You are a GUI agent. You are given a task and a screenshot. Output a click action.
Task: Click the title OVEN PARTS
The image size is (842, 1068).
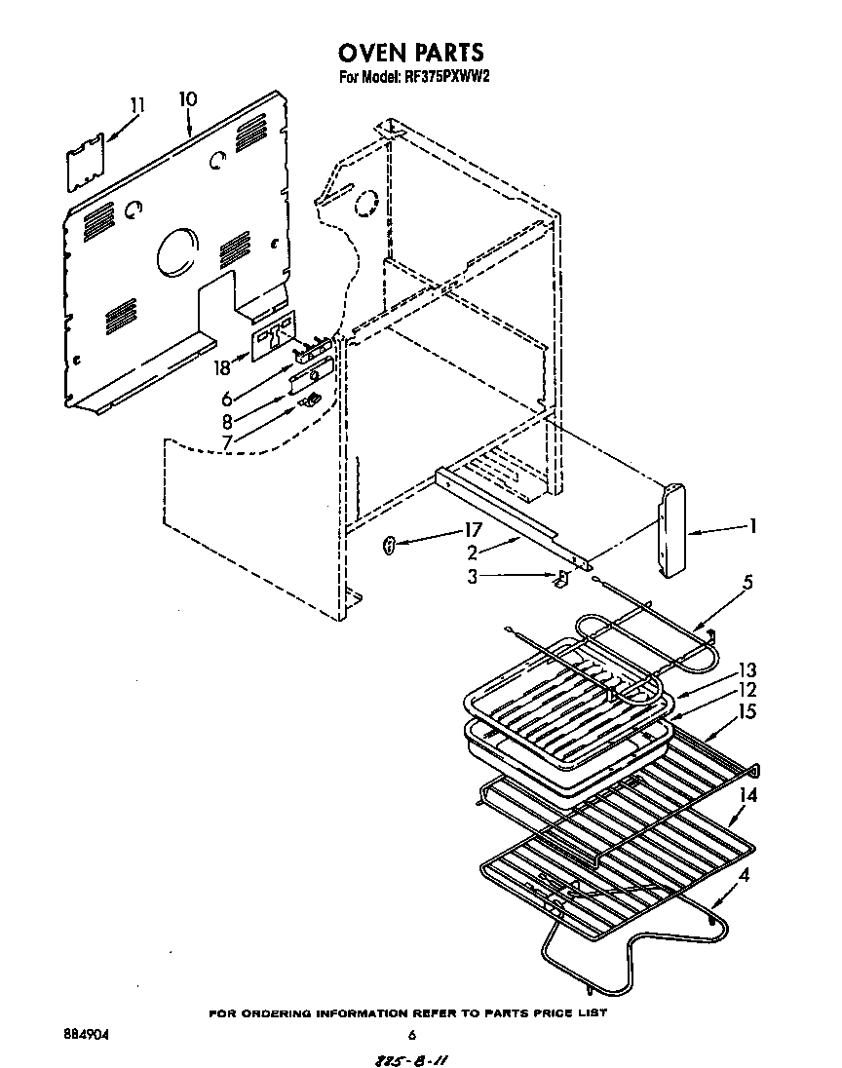pyautogui.click(x=410, y=51)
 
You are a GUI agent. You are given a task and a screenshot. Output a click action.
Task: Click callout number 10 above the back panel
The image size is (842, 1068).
pyautogui.click(x=187, y=99)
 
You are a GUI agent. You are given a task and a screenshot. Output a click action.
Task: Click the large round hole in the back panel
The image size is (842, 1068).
pyautogui.click(x=174, y=251)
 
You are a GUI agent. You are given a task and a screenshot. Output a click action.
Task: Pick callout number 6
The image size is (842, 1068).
pyautogui.click(x=226, y=399)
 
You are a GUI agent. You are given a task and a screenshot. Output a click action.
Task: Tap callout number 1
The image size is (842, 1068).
pyautogui.click(x=751, y=526)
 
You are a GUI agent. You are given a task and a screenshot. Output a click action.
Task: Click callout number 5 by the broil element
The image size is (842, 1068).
pyautogui.click(x=747, y=584)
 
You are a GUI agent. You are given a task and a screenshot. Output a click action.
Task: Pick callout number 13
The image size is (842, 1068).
pyautogui.click(x=748, y=670)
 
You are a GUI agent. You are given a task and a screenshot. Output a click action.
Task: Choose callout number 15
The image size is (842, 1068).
pyautogui.click(x=748, y=712)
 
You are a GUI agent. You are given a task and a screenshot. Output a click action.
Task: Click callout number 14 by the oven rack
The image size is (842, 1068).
pyautogui.click(x=748, y=794)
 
